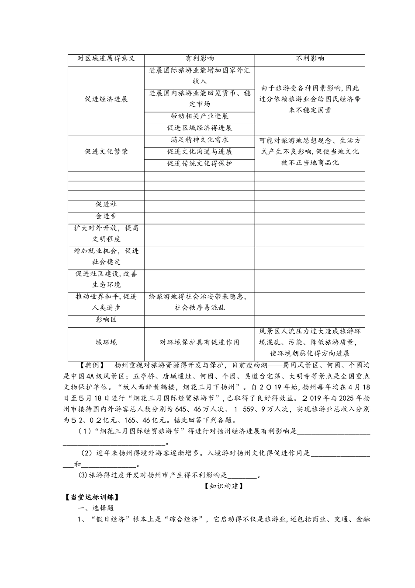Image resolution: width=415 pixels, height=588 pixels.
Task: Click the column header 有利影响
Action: coord(200,59)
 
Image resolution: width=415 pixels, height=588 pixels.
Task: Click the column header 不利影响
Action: coord(310,59)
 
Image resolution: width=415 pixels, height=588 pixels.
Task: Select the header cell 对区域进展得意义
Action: coord(106,59)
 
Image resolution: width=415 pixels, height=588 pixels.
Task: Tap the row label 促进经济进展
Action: coord(106,99)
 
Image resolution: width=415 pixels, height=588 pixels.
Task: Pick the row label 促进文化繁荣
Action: coord(106,151)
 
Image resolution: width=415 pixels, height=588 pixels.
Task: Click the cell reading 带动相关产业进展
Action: coord(200,116)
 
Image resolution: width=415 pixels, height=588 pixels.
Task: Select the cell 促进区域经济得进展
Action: coord(200,128)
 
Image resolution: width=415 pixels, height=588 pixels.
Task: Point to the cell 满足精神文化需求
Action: coord(200,140)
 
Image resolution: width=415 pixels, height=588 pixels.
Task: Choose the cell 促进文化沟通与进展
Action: coord(200,151)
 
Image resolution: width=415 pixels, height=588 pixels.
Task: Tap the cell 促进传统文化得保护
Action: coord(200,163)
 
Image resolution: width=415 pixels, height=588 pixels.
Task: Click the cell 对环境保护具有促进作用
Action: coord(200,342)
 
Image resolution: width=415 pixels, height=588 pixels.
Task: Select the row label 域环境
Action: coord(106,342)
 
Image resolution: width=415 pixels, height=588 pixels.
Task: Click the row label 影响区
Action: coord(106,319)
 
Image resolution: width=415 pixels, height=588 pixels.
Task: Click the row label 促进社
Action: coord(106,204)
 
